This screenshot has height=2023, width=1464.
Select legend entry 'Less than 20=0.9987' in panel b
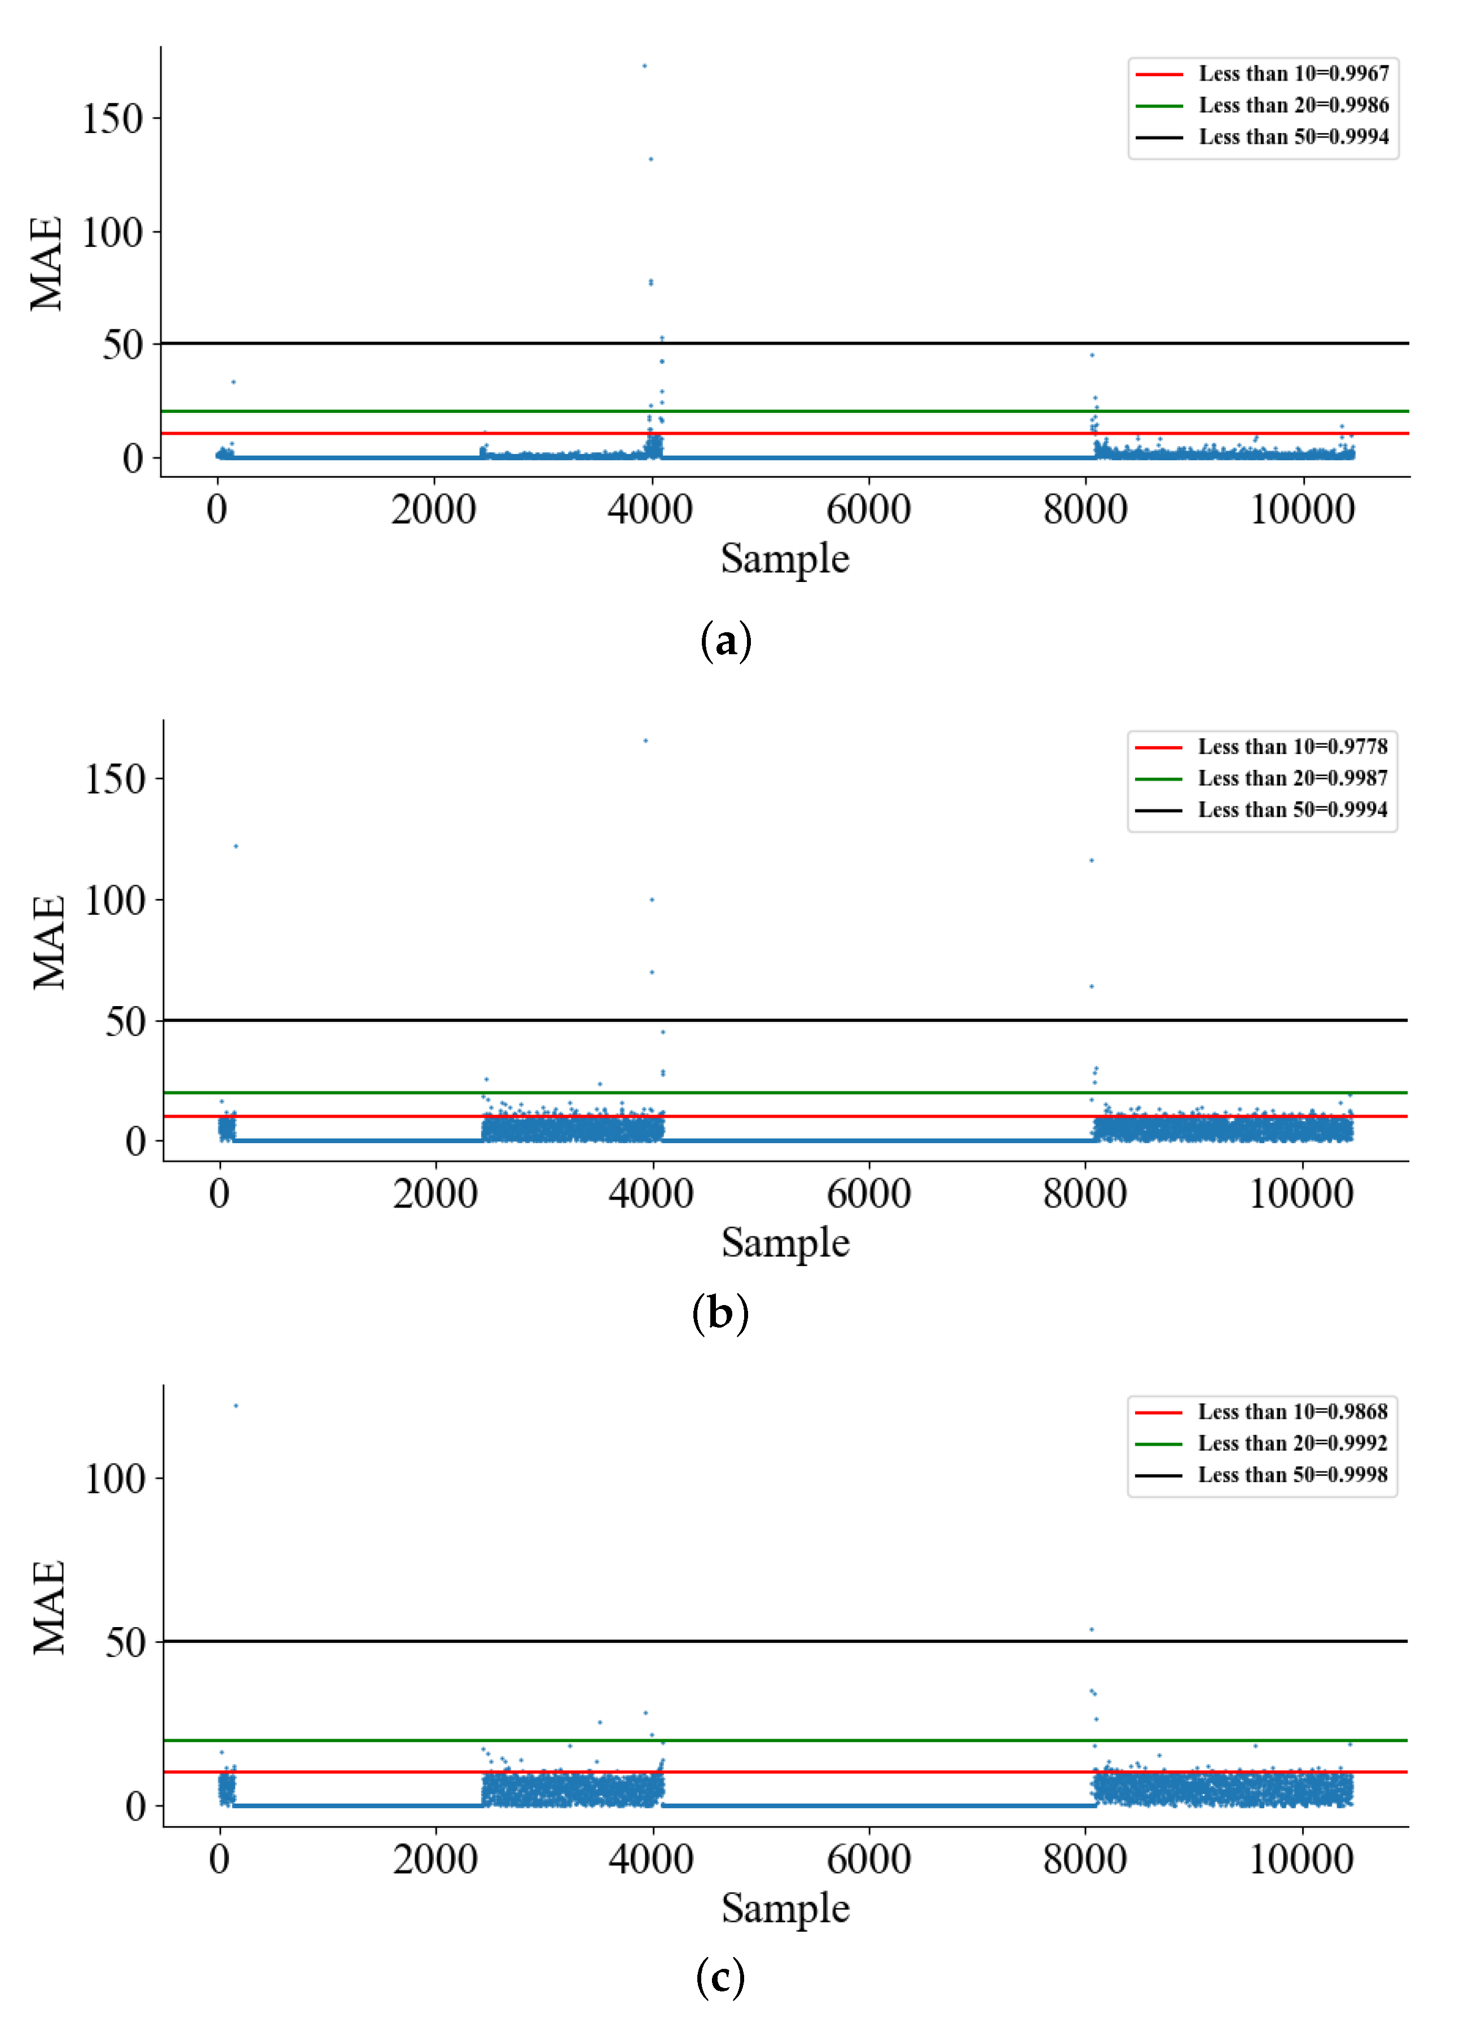click(x=1292, y=778)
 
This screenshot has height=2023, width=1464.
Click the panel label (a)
click(x=726, y=641)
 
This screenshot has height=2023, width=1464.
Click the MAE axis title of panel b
click(x=49, y=942)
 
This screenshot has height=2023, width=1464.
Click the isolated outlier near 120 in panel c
click(x=235, y=1406)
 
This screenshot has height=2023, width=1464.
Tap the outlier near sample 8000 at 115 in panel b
click(x=1091, y=861)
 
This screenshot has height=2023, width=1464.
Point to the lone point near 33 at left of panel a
click(x=234, y=382)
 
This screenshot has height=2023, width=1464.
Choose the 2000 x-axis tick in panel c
click(x=436, y=1860)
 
